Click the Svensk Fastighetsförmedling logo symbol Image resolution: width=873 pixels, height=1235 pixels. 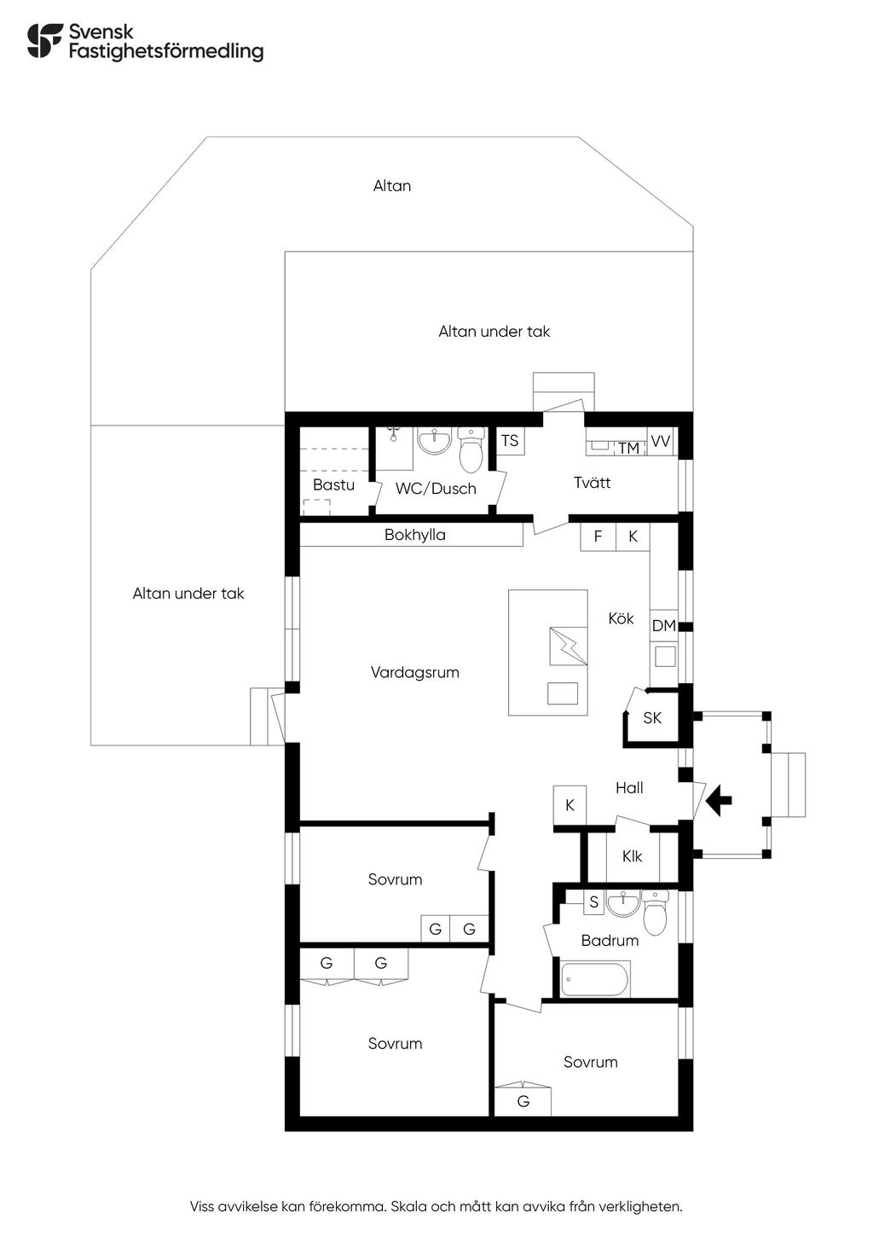click(x=45, y=40)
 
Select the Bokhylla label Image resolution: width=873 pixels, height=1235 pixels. click(x=415, y=535)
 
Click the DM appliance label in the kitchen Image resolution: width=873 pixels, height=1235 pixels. click(x=663, y=626)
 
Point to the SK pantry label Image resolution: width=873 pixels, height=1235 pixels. click(x=652, y=718)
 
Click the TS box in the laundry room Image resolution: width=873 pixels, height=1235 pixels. click(x=510, y=440)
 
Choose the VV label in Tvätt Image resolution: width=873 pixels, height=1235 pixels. click(x=660, y=441)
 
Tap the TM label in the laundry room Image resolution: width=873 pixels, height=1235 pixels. click(x=628, y=449)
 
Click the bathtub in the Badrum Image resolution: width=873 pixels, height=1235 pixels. click(x=595, y=980)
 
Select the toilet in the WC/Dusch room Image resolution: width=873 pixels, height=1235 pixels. click(x=471, y=449)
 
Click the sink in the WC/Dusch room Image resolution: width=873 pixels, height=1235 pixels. click(x=434, y=441)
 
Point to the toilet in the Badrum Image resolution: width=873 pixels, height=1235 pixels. click(x=656, y=912)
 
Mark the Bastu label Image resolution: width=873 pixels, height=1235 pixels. click(x=333, y=484)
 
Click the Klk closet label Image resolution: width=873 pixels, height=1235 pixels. click(x=632, y=856)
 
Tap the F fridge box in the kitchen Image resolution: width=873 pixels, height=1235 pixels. click(x=598, y=536)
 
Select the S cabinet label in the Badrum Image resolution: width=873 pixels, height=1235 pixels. click(x=593, y=902)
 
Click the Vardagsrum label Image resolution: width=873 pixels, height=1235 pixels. click(x=415, y=673)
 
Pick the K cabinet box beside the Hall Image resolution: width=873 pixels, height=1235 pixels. click(x=569, y=805)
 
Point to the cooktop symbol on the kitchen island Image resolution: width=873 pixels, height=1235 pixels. click(x=569, y=646)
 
